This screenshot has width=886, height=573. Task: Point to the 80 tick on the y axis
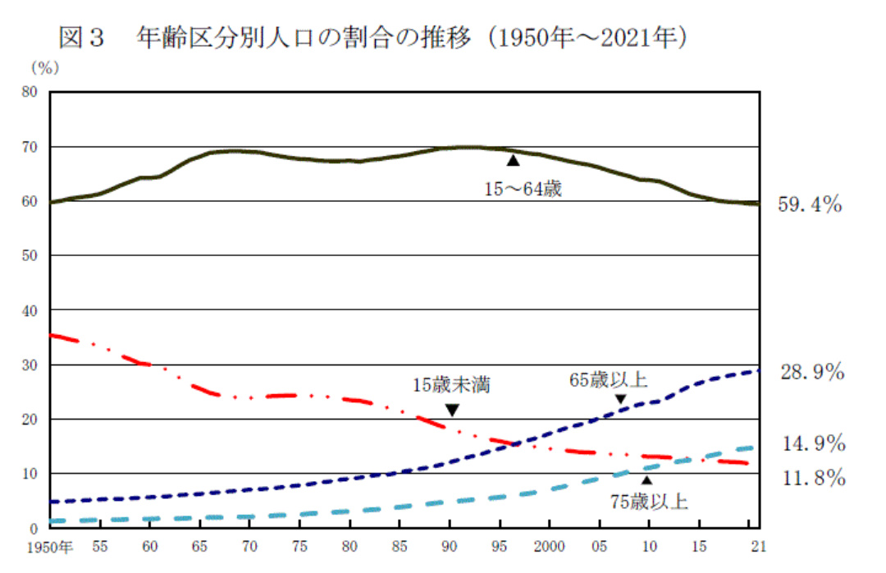click(x=30, y=93)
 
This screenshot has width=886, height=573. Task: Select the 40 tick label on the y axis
click(x=30, y=310)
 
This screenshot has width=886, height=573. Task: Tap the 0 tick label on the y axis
click(x=34, y=528)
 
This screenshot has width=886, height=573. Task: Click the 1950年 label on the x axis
click(x=50, y=546)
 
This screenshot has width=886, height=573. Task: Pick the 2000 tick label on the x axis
click(x=549, y=546)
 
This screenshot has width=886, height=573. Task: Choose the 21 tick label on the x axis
click(x=759, y=546)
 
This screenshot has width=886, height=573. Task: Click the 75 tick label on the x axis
click(x=300, y=546)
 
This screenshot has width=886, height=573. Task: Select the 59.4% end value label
click(x=811, y=205)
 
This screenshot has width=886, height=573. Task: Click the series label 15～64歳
click(x=522, y=188)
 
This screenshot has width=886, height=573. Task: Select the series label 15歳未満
click(x=451, y=384)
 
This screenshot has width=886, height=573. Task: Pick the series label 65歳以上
click(x=609, y=380)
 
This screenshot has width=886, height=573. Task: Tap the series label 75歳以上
click(x=648, y=501)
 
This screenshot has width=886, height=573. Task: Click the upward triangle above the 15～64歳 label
click(x=513, y=160)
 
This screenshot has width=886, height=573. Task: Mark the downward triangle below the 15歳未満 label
click(x=451, y=410)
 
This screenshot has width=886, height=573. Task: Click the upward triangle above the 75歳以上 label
click(x=646, y=479)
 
